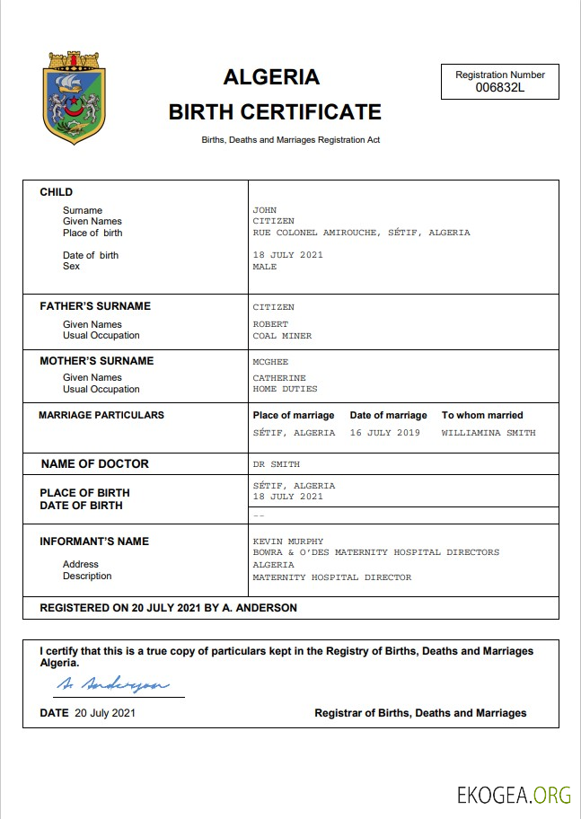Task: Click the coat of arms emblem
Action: tap(75, 98)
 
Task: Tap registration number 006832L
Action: tap(499, 87)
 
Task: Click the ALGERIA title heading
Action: tap(271, 77)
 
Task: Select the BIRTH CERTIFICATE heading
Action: tap(275, 112)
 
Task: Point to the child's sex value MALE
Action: tap(265, 267)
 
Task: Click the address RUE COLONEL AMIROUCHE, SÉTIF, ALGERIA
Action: tap(361, 233)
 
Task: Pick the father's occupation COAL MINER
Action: tap(282, 336)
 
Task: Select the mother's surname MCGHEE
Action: tap(270, 362)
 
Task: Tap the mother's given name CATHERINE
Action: tap(279, 378)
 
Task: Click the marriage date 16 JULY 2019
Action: tap(385, 433)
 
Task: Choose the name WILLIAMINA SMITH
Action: tap(489, 433)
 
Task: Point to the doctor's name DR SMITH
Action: tap(277, 464)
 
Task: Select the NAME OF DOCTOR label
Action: tap(95, 464)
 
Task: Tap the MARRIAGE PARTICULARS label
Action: tap(101, 416)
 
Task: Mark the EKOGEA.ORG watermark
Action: tap(514, 795)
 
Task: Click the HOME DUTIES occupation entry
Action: tap(285, 390)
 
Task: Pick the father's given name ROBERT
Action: tap(270, 325)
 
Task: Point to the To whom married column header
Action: tap(482, 416)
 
